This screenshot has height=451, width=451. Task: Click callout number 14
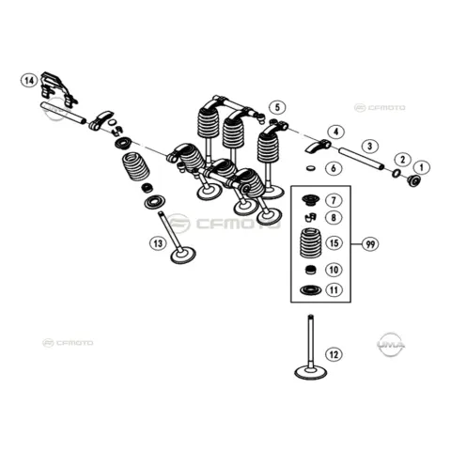(x=29, y=81)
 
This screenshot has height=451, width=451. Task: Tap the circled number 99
(x=370, y=243)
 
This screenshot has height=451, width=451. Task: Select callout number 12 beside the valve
(x=334, y=355)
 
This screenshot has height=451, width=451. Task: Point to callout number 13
(x=158, y=243)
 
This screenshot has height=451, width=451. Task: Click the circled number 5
(x=278, y=107)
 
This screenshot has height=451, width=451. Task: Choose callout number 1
(x=422, y=167)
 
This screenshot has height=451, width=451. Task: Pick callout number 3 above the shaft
(x=370, y=146)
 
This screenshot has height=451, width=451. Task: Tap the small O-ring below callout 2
(x=397, y=172)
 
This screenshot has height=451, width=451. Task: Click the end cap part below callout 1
(x=414, y=180)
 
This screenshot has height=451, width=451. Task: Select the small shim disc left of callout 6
(x=311, y=167)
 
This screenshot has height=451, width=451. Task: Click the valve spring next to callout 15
(x=311, y=243)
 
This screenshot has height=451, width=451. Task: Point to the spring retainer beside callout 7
(x=311, y=200)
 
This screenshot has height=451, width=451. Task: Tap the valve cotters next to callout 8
(x=310, y=217)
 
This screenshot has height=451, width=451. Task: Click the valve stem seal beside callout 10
(x=311, y=270)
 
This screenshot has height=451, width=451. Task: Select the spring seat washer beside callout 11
(x=311, y=290)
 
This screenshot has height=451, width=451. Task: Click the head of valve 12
(x=311, y=372)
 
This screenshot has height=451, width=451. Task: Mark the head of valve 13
(x=183, y=256)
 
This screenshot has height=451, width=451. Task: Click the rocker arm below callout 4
(x=318, y=147)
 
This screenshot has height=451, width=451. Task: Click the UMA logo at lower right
(x=391, y=345)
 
